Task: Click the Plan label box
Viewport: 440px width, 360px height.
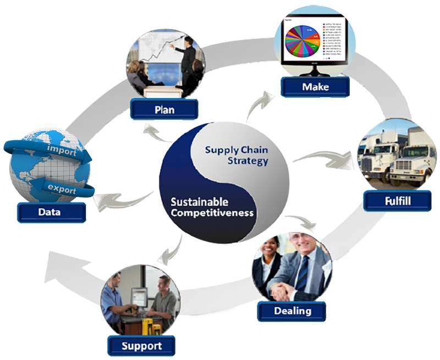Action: [x=164, y=109]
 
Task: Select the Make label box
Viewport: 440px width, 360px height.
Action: [x=315, y=87]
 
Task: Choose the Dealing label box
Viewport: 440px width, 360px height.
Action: [x=292, y=311]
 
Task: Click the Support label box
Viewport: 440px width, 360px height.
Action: [x=141, y=346]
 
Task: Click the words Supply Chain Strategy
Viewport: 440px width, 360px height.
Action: [x=237, y=155]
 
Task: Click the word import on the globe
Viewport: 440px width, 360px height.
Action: [x=62, y=150]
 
